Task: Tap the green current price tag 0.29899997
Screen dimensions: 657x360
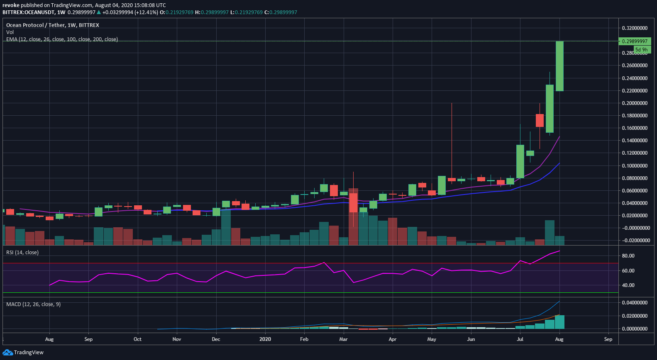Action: pos(635,41)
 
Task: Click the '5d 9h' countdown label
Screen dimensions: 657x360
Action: pos(642,49)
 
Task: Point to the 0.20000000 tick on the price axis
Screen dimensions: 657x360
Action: pos(635,103)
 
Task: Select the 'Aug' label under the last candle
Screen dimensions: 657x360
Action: pos(559,339)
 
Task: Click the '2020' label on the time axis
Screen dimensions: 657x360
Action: pos(265,339)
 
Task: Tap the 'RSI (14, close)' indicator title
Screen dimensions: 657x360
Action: pos(22,253)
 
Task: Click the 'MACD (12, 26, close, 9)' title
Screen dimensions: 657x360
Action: pos(34,304)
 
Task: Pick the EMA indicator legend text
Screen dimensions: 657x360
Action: pos(62,39)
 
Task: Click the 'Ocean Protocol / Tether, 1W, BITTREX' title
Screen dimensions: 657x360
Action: pos(52,25)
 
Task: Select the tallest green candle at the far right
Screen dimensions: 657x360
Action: pos(559,66)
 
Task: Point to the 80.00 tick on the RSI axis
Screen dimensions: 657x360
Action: pos(628,256)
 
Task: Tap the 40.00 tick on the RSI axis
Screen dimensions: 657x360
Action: pos(628,285)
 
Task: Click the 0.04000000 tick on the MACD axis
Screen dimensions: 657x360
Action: pos(635,303)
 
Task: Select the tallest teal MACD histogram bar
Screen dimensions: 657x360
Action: pos(559,322)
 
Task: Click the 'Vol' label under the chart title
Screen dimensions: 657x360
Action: pos(10,32)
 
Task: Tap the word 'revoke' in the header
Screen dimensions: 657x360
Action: pos(11,5)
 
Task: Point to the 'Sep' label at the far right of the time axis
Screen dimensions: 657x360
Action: pos(608,339)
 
